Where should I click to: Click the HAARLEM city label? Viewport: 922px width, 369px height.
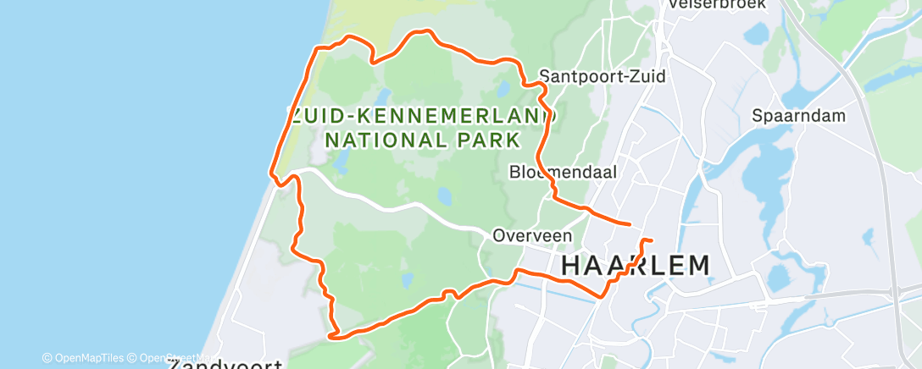[x=635, y=266]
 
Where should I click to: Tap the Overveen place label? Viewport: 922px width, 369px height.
[x=532, y=236]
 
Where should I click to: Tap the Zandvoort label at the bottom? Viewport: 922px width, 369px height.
[x=225, y=364]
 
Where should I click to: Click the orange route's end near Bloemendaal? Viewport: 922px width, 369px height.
[x=630, y=224]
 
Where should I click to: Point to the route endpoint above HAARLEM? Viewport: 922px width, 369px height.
[x=652, y=241]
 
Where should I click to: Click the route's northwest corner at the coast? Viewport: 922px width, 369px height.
[x=319, y=49]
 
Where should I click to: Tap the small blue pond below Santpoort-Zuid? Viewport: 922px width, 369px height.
[x=503, y=89]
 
